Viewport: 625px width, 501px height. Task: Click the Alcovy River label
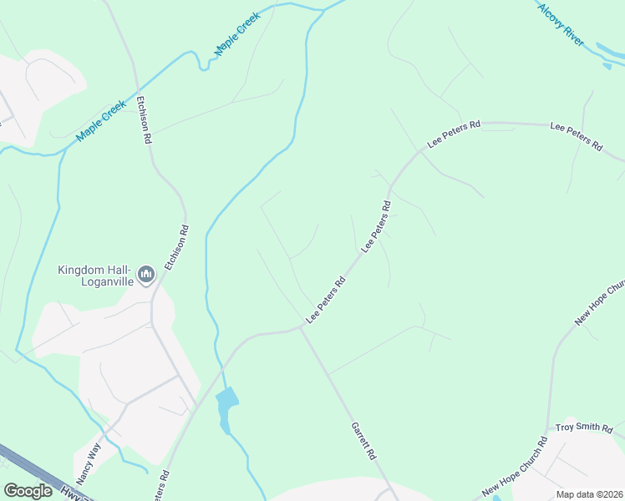coord(561,23)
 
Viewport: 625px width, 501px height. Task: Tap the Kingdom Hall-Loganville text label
coord(94,275)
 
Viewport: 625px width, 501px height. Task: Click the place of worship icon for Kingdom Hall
coord(146,274)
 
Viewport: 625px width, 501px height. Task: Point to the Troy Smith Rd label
coord(584,428)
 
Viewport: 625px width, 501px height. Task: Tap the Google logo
coord(28,491)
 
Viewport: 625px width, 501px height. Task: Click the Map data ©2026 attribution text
coord(589,494)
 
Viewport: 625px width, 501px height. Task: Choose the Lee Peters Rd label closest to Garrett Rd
coord(326,301)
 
